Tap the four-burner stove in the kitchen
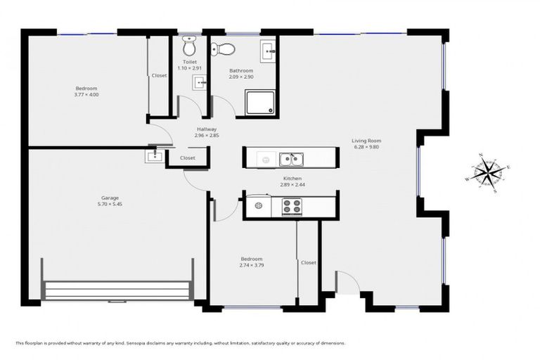click(x=292, y=207)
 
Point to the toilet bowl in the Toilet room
click(x=188, y=47)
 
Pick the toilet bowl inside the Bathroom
click(x=224, y=49)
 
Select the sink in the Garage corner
click(x=155, y=155)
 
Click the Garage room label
click(x=109, y=198)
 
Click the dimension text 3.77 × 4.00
click(x=86, y=94)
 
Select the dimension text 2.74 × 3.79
click(x=251, y=265)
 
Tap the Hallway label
click(x=207, y=129)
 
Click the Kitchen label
click(x=292, y=179)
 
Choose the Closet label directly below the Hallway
click(x=187, y=158)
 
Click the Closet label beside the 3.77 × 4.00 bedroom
click(x=159, y=75)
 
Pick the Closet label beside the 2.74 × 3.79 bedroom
click(x=308, y=262)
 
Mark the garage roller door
click(x=117, y=289)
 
